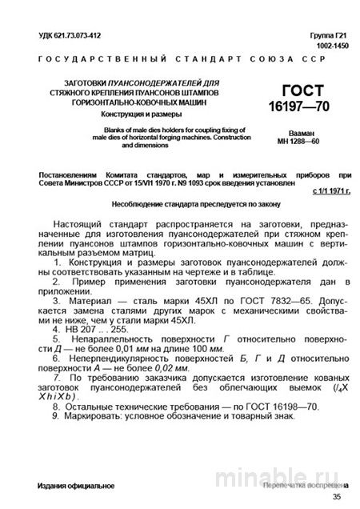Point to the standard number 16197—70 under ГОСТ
[x=307, y=106]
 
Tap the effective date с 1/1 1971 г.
[x=330, y=192]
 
